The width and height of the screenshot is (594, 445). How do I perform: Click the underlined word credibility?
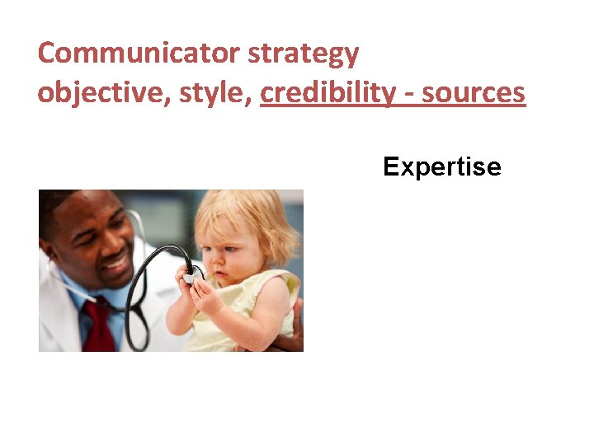coord(328,93)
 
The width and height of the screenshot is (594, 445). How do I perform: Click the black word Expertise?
coord(441,167)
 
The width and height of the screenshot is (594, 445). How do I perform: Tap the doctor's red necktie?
coord(100,325)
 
